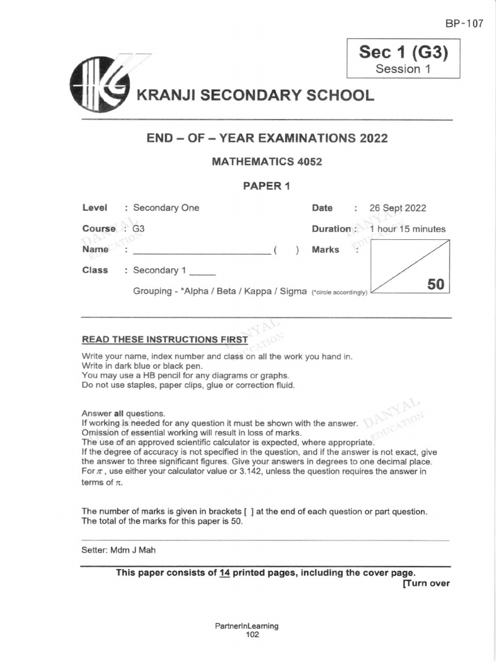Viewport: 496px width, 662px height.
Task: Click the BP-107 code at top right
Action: [464, 23]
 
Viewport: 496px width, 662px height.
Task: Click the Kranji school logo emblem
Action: [100, 85]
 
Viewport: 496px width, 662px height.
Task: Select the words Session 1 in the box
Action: [403, 69]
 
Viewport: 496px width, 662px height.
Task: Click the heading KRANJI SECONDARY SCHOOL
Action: [254, 96]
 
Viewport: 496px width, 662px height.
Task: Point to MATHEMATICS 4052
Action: [267, 162]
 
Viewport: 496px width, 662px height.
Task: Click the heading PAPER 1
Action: [267, 186]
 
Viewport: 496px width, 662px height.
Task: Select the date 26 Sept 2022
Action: [397, 208]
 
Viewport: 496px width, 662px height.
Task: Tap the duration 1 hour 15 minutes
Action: [407, 229]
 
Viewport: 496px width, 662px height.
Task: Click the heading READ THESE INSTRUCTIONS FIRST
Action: [165, 339]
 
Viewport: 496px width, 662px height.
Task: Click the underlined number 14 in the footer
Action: [225, 573]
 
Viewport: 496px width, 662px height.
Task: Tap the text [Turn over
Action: [426, 583]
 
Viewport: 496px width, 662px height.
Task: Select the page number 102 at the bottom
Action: [252, 635]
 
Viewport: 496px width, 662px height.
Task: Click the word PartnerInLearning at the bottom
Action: [247, 626]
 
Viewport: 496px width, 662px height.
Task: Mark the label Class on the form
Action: [95, 270]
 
